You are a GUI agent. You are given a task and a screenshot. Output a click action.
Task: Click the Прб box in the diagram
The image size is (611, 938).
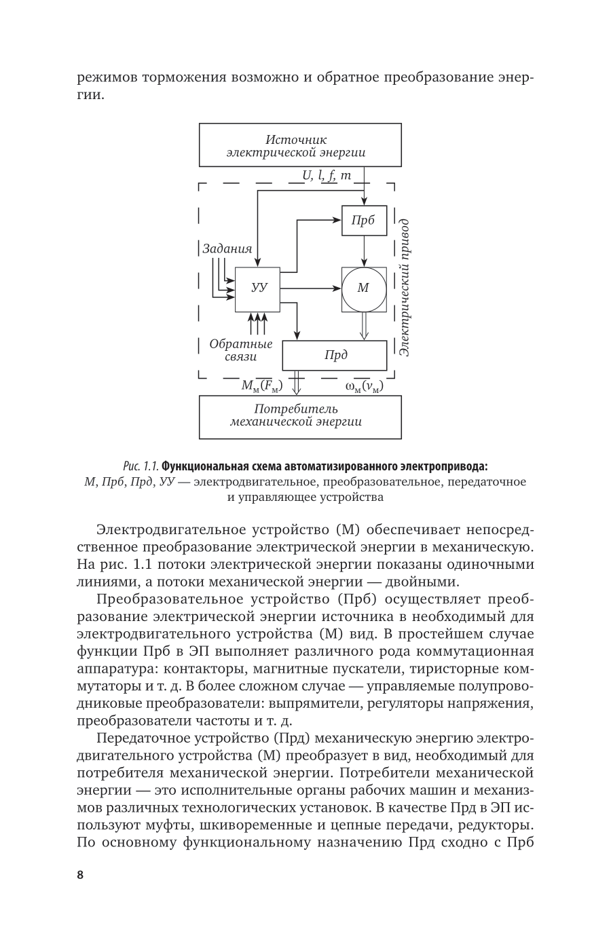pyautogui.click(x=364, y=221)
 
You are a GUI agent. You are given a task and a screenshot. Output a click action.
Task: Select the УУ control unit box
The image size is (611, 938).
pyautogui.click(x=257, y=288)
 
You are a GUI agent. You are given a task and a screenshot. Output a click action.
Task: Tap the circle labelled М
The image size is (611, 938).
pyautogui.click(x=363, y=288)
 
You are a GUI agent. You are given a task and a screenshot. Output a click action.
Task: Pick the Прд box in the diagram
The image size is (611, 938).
pyautogui.click(x=335, y=356)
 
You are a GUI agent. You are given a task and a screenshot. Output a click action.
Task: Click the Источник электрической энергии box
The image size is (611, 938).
pyautogui.click(x=300, y=145)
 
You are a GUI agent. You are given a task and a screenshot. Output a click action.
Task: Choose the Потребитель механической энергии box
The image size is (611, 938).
pyautogui.click(x=300, y=416)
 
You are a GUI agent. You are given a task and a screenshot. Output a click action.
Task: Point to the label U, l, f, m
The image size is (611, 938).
pyautogui.click(x=327, y=176)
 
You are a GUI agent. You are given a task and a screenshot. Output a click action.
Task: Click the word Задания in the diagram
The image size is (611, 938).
pyautogui.click(x=227, y=248)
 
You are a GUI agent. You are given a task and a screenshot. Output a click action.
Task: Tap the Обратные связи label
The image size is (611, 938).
pyautogui.click(x=241, y=350)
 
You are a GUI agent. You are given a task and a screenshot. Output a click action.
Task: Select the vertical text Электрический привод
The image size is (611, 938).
pyautogui.click(x=404, y=288)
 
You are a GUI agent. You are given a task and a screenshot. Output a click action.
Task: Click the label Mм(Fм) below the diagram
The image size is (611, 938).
pyautogui.click(x=262, y=386)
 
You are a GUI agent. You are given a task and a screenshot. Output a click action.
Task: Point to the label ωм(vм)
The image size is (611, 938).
pyautogui.click(x=363, y=386)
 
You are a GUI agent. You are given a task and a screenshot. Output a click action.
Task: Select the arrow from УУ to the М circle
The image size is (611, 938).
pyautogui.click(x=310, y=288)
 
